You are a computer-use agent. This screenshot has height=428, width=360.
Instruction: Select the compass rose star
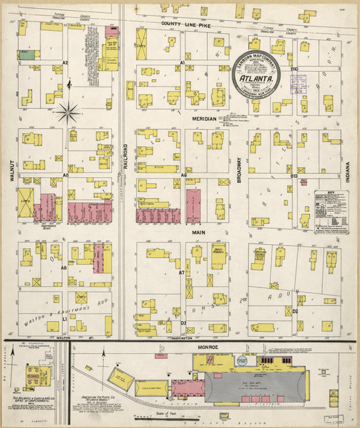point(68,112)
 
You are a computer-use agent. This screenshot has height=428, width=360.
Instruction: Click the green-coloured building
point(27,53)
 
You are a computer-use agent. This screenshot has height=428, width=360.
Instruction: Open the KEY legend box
point(331,210)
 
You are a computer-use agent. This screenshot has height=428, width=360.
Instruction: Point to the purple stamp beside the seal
point(299,85)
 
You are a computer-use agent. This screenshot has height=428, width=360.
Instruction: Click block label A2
point(66,62)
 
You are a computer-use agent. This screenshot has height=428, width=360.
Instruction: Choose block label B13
point(294,176)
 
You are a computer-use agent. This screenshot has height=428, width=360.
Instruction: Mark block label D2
point(295,310)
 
